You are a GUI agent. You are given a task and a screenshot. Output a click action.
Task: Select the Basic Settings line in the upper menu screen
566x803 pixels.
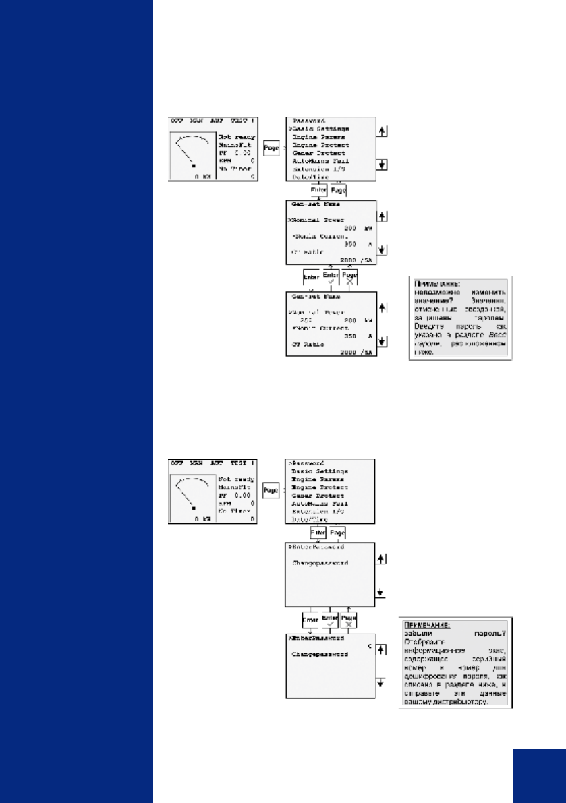coord(320,128)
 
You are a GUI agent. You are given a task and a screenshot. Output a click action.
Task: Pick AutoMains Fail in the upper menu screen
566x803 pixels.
coord(320,160)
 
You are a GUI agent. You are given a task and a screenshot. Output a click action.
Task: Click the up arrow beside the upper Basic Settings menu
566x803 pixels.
coord(383,130)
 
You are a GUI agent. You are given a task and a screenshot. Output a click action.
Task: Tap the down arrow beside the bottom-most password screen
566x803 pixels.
coord(383,682)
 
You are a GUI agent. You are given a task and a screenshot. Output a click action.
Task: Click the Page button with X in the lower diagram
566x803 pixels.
coord(349,620)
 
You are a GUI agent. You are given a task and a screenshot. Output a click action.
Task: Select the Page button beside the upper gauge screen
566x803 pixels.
coord(271,146)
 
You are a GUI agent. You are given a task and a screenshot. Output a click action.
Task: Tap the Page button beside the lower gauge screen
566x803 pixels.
coord(271,490)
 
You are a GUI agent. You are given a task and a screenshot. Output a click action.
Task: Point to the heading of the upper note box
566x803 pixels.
coord(430,285)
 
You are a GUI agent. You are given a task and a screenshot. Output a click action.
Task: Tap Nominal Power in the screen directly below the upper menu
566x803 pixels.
coord(318,220)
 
